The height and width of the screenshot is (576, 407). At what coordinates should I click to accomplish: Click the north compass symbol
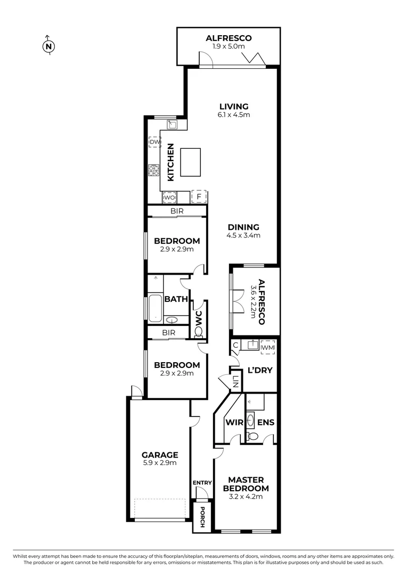[48, 46]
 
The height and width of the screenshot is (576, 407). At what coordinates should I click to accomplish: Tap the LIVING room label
[233, 107]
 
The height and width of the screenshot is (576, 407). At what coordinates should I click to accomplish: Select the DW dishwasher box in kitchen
[154, 142]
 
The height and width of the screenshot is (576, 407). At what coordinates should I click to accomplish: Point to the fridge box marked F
[199, 197]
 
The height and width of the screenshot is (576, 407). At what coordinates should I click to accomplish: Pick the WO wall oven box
[169, 197]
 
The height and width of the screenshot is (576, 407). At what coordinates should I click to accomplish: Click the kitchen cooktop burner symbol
[154, 170]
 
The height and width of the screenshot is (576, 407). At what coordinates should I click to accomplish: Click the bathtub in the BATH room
[155, 308]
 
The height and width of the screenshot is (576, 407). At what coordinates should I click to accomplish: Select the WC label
[199, 318]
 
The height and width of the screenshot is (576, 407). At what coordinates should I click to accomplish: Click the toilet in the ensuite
[254, 437]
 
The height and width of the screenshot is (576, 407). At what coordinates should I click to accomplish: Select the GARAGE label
[160, 455]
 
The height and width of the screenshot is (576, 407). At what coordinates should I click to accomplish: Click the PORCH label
[202, 517]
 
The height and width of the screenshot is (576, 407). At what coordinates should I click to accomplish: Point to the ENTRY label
[202, 483]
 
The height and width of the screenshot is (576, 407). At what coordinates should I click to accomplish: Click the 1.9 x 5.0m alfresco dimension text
[229, 46]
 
